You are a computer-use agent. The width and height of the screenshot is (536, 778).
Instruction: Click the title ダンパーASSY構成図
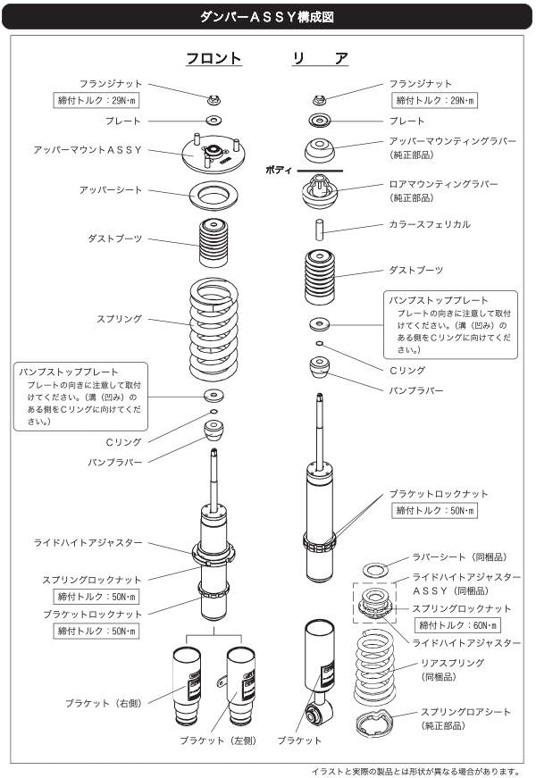tap(267, 15)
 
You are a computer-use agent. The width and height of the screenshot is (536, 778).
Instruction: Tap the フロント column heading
tap(214, 59)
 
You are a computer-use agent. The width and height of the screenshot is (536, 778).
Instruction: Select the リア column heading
tap(319, 59)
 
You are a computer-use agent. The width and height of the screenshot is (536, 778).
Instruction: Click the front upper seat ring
tap(214, 192)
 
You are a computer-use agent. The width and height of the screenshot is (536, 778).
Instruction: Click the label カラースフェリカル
tap(429, 224)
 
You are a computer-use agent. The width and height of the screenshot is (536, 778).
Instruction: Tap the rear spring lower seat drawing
tap(373, 728)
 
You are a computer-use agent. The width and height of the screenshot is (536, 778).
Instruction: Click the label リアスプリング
tap(452, 664)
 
